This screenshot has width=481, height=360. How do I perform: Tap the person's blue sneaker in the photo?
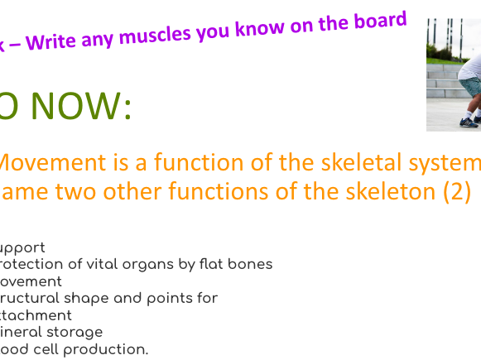point(469,122)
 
